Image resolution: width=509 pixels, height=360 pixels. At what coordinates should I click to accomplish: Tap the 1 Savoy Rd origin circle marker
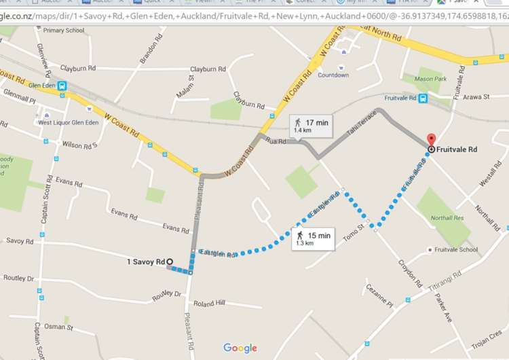pos(170,262)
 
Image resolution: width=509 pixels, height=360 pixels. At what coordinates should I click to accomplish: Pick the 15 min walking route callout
pos(314,238)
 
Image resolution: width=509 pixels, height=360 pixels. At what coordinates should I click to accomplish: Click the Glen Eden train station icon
pos(62,86)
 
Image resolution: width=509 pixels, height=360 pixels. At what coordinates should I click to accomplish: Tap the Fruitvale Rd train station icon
pos(423,98)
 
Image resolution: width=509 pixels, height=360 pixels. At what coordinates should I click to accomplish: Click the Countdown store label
pos(333,75)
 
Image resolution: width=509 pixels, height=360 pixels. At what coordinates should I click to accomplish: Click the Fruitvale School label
pos(456,250)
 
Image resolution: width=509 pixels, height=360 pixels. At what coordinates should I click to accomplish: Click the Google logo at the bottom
pos(240,348)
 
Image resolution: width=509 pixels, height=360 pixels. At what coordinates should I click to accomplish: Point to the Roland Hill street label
pos(209,304)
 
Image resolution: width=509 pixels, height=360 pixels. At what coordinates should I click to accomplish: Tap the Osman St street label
pos(60,327)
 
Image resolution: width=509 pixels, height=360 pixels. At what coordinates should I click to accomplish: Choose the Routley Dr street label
pos(18,278)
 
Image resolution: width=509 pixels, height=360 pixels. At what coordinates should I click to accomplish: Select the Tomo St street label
pos(353,230)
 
